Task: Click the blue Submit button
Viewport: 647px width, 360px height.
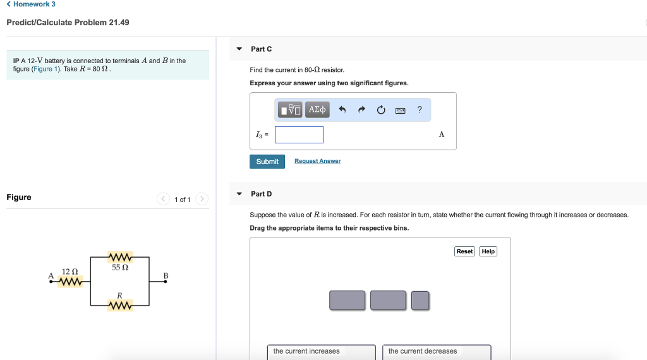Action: tap(267, 162)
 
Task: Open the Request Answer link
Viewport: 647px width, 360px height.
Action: tap(317, 161)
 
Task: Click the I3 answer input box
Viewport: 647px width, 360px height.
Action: tap(299, 135)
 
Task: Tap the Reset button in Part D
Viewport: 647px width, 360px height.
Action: tap(464, 251)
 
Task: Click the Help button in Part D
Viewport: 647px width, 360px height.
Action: tap(488, 251)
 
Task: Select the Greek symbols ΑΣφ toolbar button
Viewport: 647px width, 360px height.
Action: tap(317, 110)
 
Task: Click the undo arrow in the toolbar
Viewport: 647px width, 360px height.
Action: tap(342, 110)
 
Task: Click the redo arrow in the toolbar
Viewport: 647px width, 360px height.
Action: tap(361, 110)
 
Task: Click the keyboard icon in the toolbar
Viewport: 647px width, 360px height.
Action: tap(400, 111)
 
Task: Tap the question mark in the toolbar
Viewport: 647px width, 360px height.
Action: tap(420, 110)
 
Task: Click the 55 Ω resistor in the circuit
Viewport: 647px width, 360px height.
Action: tap(120, 257)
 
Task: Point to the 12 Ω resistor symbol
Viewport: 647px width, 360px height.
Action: tap(70, 282)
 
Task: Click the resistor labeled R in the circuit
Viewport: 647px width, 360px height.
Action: tap(120, 306)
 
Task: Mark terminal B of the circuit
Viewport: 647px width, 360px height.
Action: tap(166, 282)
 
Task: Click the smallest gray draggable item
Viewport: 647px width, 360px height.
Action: tap(420, 301)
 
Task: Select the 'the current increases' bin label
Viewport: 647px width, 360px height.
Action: tap(306, 351)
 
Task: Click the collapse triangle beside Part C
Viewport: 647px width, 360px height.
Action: tap(239, 49)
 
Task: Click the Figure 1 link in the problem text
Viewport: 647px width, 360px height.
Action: tap(43, 69)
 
